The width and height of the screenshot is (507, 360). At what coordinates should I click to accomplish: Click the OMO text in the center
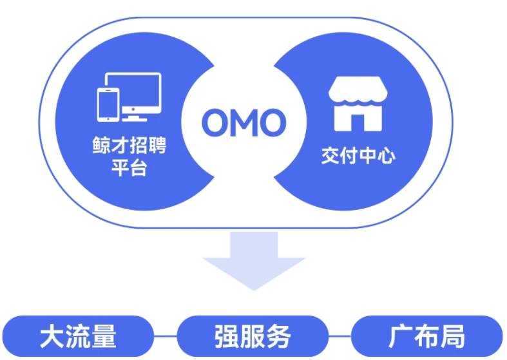click(244, 122)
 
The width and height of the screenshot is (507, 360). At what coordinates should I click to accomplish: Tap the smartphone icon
click(108, 105)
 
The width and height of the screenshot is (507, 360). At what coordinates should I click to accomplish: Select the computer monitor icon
click(134, 94)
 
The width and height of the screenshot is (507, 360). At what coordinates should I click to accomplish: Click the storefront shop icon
click(358, 104)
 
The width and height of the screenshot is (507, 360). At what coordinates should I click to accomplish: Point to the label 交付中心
click(358, 156)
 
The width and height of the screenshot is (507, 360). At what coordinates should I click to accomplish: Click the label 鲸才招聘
click(129, 145)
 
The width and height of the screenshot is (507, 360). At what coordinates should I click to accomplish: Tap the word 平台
click(129, 167)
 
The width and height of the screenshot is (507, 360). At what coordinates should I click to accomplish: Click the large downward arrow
click(254, 260)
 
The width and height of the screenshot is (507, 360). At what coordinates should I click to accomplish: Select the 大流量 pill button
click(78, 336)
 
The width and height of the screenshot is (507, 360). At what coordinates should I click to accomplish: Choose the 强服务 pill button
click(253, 336)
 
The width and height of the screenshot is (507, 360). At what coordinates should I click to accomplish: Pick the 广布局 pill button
click(427, 336)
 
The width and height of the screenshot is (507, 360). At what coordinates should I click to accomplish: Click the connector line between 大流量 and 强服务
click(165, 336)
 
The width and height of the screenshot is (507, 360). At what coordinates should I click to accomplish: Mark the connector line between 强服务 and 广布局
click(340, 336)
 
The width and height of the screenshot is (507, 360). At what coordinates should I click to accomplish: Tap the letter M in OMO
click(245, 122)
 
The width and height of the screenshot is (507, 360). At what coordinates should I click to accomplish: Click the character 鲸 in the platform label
click(102, 145)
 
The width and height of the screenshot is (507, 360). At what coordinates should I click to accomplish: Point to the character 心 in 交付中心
click(387, 156)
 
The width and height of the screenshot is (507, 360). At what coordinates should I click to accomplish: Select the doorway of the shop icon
click(358, 123)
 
